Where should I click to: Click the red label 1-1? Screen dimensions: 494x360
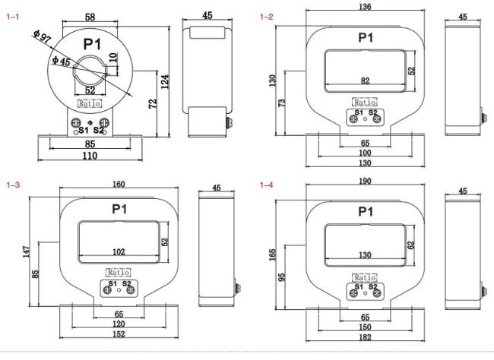13,17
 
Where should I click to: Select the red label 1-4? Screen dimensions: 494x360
266,185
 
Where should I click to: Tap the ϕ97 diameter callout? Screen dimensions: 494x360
42,36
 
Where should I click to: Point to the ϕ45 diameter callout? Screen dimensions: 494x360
61,61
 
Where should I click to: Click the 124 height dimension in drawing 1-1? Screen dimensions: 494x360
165,81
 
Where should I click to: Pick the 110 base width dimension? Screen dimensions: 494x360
90,156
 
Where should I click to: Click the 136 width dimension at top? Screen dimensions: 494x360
365,7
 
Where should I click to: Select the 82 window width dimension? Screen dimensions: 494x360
365,81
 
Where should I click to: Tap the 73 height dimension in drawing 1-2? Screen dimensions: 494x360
282,103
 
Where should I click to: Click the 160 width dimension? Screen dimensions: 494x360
119,184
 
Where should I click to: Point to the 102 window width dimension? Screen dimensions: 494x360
119,251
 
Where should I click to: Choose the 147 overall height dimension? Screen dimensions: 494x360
27,252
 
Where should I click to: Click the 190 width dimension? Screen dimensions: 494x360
365,181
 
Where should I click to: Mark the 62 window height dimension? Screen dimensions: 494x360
411,245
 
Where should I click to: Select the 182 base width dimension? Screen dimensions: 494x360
365,337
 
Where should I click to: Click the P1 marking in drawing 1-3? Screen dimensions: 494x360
119,209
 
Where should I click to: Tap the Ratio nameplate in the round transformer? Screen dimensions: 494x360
90,103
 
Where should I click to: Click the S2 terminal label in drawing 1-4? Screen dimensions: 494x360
372,287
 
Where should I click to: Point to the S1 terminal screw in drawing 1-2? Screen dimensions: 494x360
354,118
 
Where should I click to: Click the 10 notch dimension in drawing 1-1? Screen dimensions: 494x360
113,57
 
